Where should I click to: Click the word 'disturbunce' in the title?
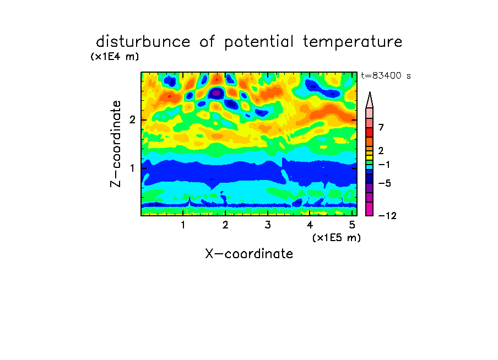click(x=143, y=42)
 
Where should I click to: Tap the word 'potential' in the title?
click(x=259, y=42)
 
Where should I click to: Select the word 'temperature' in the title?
click(x=353, y=42)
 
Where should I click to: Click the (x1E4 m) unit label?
click(x=115, y=57)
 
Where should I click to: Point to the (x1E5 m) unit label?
click(x=337, y=237)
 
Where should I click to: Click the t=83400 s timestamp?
click(x=386, y=76)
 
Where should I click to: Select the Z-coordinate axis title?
click(x=116, y=144)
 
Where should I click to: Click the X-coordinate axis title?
click(x=249, y=254)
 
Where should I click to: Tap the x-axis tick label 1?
click(x=183, y=225)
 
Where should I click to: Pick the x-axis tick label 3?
click(x=268, y=225)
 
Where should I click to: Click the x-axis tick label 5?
click(x=352, y=225)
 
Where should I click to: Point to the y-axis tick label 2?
click(x=132, y=120)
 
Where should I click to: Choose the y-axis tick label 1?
click(x=132, y=168)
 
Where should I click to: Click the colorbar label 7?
click(x=381, y=128)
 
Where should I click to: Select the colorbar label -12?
click(x=387, y=216)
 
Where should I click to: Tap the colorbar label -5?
click(x=385, y=183)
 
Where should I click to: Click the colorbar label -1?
click(x=384, y=165)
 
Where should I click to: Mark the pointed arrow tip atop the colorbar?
click(x=370, y=92)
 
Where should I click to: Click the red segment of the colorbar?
click(x=370, y=132)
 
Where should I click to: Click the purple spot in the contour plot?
click(x=216, y=94)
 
